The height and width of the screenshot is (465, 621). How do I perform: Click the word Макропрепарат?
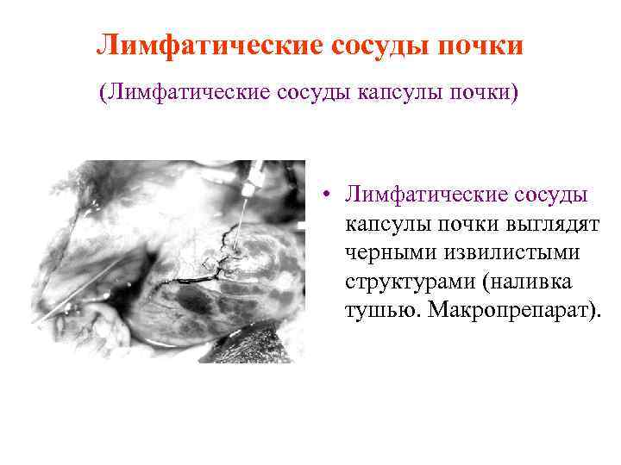tap(505, 310)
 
